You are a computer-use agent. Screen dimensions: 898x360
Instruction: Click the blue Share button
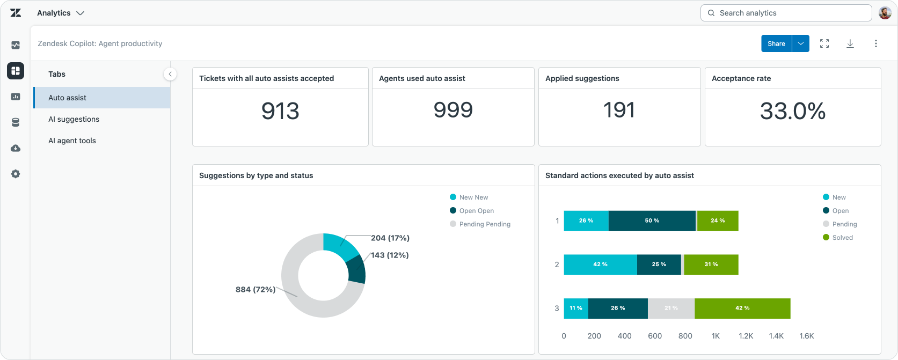pos(776,43)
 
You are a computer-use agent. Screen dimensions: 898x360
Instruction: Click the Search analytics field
pos(786,13)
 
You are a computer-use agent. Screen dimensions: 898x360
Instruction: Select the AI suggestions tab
pos(74,119)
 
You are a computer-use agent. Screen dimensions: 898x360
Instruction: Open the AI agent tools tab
pos(72,141)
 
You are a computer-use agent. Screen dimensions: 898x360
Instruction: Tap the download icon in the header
pos(850,43)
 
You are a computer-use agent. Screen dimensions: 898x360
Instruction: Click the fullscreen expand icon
pos(824,43)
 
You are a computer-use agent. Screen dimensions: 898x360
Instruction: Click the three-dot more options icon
pos(875,43)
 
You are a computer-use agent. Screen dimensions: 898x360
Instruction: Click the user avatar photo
pos(885,13)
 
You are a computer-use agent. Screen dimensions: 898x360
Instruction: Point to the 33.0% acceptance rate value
pos(793,111)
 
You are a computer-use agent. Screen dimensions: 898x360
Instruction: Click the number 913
pos(280,111)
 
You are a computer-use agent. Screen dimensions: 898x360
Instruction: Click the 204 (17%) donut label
pos(390,238)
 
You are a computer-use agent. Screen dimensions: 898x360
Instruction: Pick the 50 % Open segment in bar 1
pos(652,221)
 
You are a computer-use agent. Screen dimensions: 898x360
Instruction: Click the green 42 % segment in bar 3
pos(742,308)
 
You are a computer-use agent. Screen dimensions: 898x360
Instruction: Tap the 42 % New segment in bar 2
pos(600,265)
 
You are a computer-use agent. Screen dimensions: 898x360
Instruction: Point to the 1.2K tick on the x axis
pos(746,336)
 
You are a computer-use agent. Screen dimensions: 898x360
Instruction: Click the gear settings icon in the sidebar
pos(16,174)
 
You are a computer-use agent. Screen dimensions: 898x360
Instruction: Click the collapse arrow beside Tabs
pos(170,74)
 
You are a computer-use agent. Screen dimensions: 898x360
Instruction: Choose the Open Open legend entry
pos(472,211)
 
